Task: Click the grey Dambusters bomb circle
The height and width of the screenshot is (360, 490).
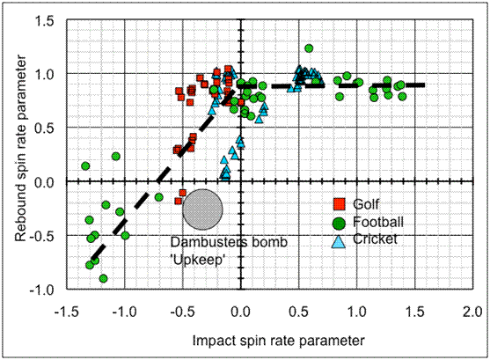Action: click(x=202, y=209)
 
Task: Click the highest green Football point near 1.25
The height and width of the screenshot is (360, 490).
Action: click(x=309, y=48)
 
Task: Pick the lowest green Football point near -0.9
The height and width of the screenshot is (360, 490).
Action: click(x=104, y=278)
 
